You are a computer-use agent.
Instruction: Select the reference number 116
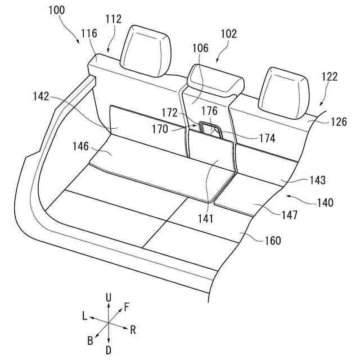[88, 34]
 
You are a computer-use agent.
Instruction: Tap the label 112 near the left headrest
[113, 19]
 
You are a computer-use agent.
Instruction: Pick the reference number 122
[330, 76]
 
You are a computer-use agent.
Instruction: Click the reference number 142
[40, 96]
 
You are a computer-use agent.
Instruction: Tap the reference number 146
[80, 146]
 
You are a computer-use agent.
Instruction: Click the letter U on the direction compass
[109, 296]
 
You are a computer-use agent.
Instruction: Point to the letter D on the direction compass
[109, 350]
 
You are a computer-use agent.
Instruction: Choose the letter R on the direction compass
[133, 330]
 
